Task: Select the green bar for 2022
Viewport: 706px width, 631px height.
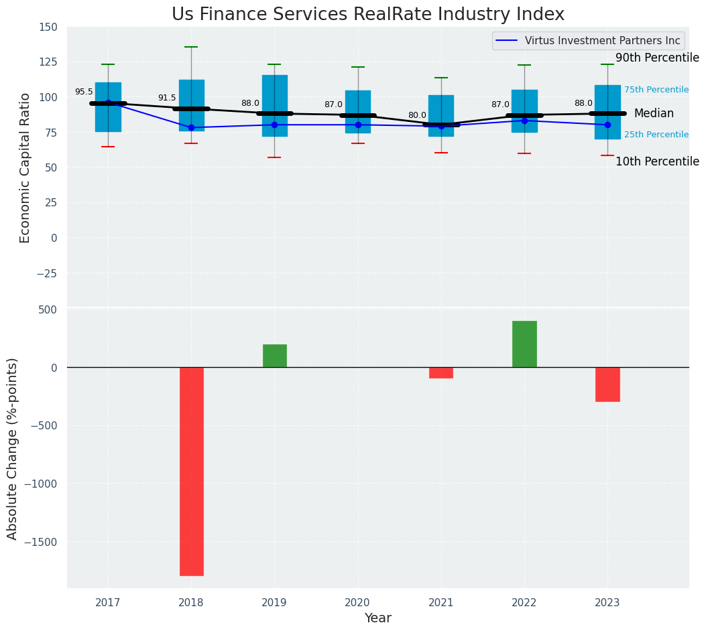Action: pos(524,344)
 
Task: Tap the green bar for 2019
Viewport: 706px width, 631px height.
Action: pos(274,356)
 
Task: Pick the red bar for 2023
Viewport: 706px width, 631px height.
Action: pos(607,384)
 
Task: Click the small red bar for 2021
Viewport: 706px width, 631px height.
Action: pos(441,372)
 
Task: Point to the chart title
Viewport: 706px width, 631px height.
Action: pos(368,15)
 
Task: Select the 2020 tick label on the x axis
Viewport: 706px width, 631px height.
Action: pos(357,603)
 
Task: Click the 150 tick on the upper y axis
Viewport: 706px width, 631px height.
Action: pos(48,27)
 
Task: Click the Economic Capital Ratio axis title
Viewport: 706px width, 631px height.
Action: pos(25,167)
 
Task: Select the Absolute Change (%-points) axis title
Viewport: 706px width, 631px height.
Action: pos(13,448)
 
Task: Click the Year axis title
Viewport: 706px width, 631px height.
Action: pos(377,618)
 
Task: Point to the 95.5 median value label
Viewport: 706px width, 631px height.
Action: pos(84,92)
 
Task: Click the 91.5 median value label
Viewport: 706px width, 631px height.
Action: pos(167,98)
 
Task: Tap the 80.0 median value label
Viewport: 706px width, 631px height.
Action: pos(417,115)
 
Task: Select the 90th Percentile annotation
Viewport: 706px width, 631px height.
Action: pos(657,58)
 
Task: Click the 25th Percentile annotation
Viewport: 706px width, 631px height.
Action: pos(656,135)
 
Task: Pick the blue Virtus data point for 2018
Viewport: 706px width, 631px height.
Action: pos(191,127)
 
